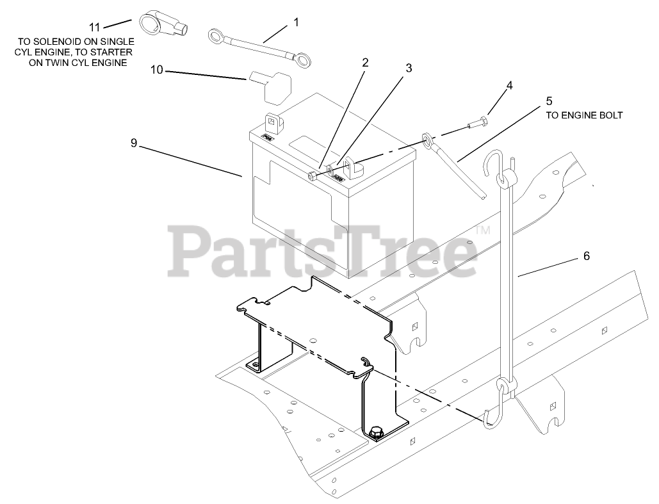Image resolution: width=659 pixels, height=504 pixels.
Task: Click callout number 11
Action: (x=95, y=27)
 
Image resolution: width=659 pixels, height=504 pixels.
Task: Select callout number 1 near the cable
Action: (x=296, y=22)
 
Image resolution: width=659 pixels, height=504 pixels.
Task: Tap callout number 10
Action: (x=157, y=69)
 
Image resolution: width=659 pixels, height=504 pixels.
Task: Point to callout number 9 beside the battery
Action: (x=134, y=143)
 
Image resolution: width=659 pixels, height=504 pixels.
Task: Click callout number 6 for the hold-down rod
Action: (x=586, y=256)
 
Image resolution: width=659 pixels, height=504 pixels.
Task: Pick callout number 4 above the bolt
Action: (x=509, y=85)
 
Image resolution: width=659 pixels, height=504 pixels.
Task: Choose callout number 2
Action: (x=365, y=63)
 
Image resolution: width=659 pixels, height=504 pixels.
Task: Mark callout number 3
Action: (x=408, y=67)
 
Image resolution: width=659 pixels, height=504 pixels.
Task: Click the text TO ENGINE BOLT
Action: (x=583, y=115)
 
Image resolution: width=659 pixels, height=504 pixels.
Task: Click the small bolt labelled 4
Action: (x=480, y=122)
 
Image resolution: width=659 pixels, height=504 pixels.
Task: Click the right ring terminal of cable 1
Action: (x=302, y=60)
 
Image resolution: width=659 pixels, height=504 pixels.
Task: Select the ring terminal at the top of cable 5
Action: (x=427, y=140)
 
